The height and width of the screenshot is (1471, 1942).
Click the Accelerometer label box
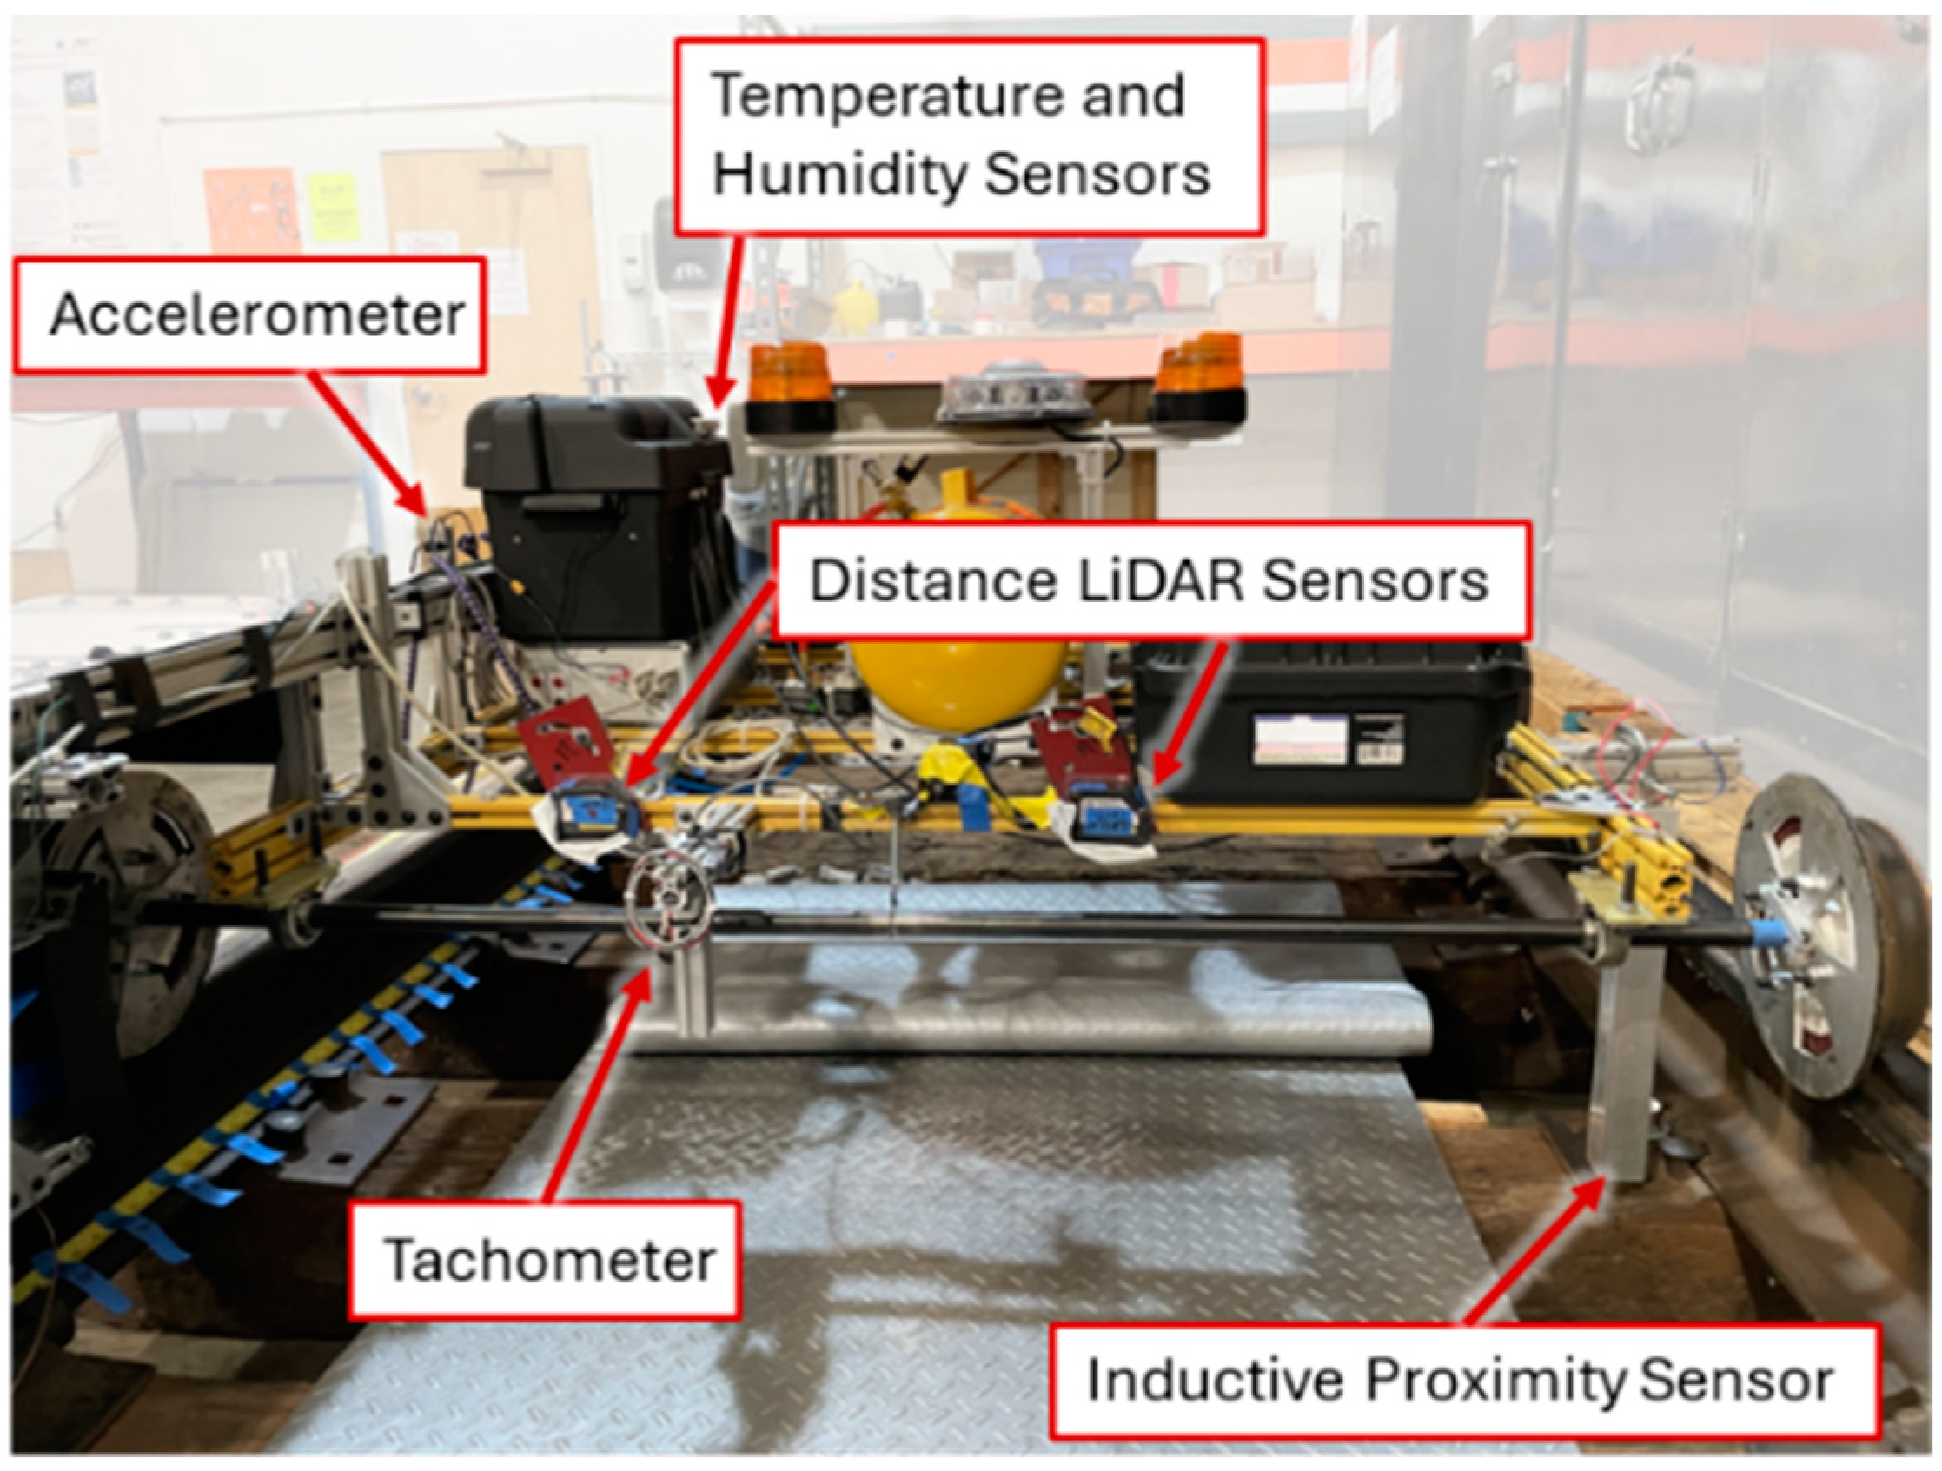point(249,315)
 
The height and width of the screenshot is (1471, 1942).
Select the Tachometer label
point(544,1261)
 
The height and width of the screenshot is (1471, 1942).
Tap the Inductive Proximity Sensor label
point(1464,1382)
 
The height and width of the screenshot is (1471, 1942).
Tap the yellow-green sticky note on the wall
point(333,207)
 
